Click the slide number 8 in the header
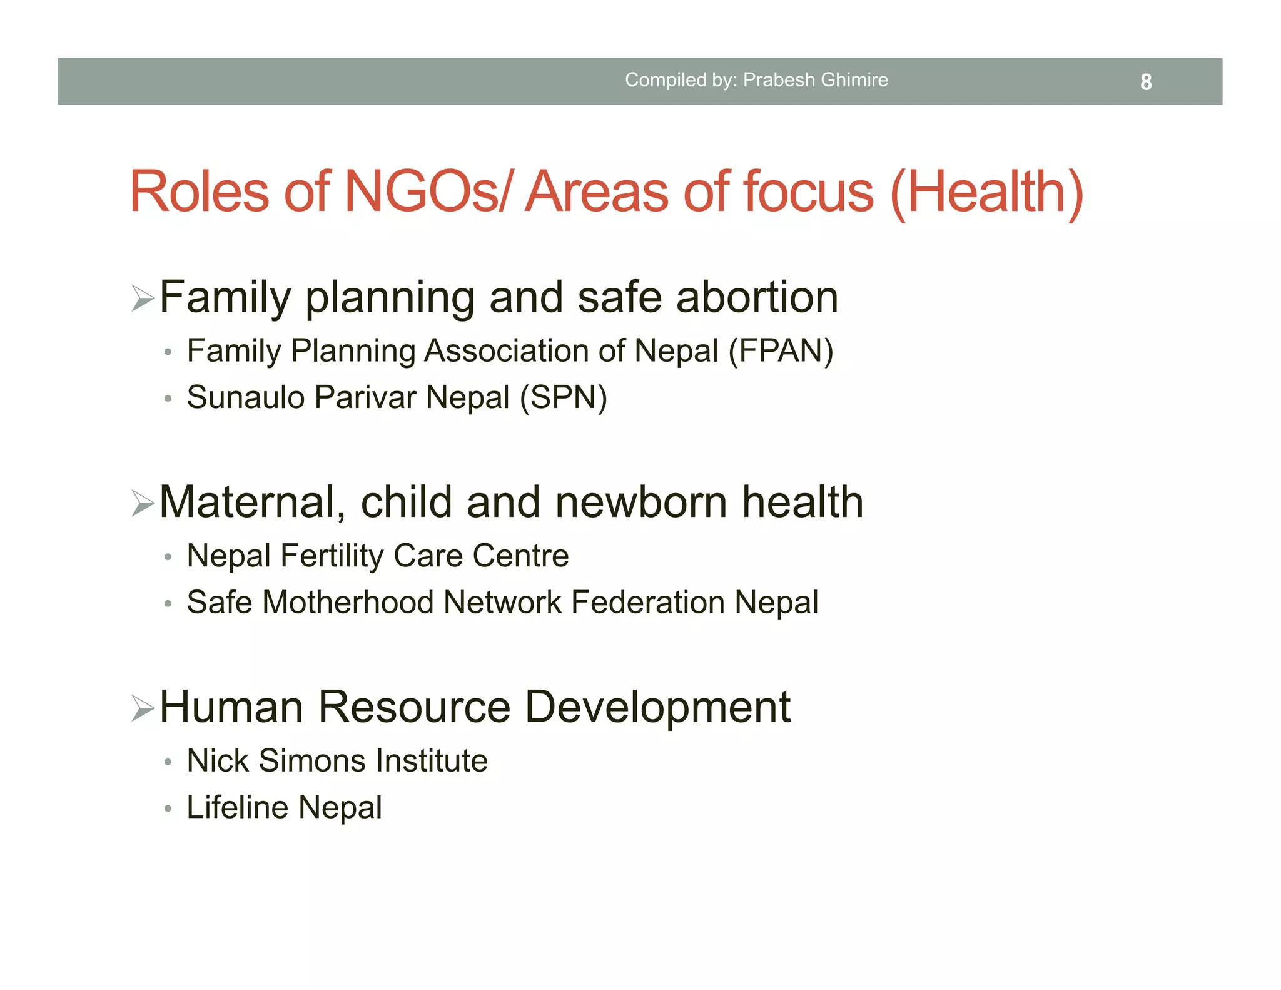coord(1145,82)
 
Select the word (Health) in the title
coord(986,193)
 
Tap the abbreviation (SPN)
coord(564,397)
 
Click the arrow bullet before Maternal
coord(143,503)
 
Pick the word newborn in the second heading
coord(641,503)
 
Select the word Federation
coord(648,603)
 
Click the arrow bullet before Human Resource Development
coord(143,708)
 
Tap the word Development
coord(657,708)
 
